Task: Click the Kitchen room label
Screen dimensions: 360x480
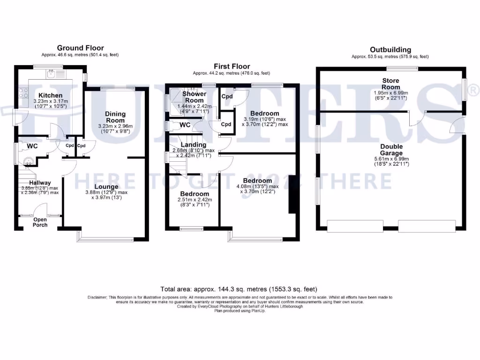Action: click(50, 95)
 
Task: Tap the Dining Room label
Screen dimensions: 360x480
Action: click(115, 117)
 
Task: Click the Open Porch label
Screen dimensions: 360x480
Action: click(40, 222)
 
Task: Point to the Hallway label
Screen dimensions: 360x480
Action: click(39, 183)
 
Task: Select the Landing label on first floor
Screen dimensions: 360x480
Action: click(193, 145)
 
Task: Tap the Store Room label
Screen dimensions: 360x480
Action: click(390, 84)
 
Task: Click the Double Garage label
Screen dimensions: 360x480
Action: click(391, 150)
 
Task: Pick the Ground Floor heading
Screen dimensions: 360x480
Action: click(80, 48)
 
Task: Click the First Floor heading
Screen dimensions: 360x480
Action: click(232, 67)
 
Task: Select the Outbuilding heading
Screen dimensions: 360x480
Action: click(390, 50)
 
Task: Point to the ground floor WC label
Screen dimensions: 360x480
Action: click(32, 146)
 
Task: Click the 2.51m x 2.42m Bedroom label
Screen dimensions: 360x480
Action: click(195, 194)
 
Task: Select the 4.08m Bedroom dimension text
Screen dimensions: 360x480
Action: click(258, 188)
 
